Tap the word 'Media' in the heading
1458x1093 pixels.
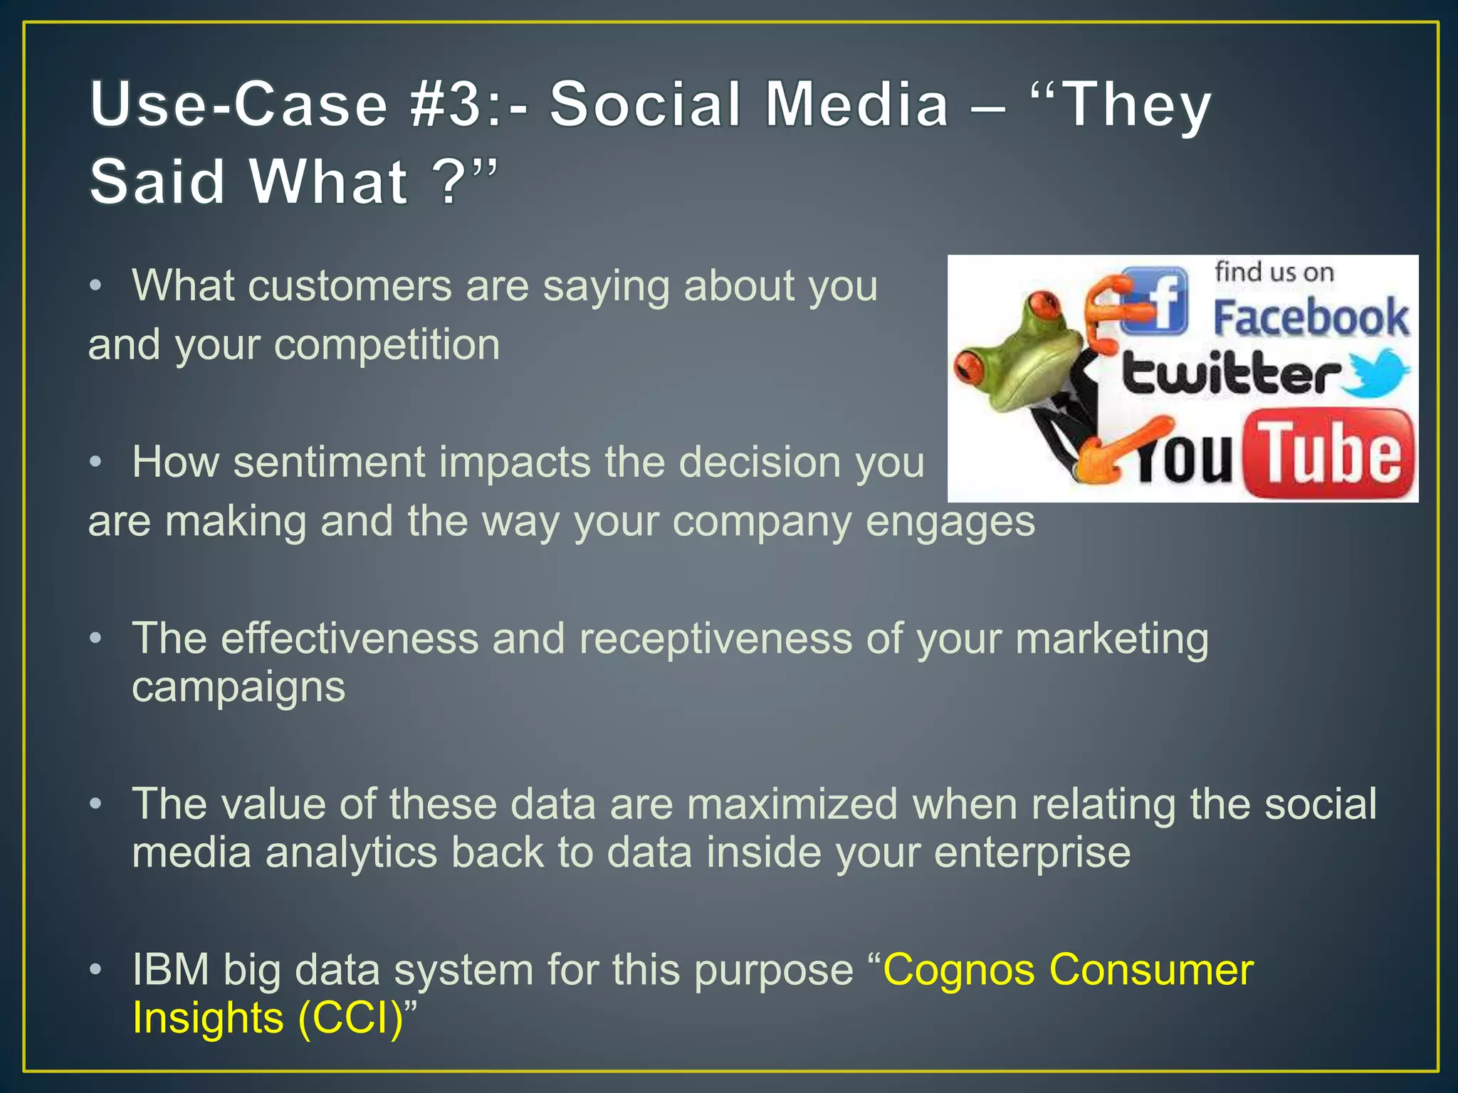[x=857, y=105]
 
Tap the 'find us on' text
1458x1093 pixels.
[x=1274, y=272]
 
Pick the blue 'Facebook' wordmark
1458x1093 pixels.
[x=1311, y=318]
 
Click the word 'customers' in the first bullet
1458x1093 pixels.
[x=350, y=286]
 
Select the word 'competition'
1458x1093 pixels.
[x=387, y=346]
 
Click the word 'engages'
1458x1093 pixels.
[x=950, y=522]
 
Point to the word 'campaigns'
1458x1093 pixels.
[x=238, y=687]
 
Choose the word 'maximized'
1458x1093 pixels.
[x=792, y=804]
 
